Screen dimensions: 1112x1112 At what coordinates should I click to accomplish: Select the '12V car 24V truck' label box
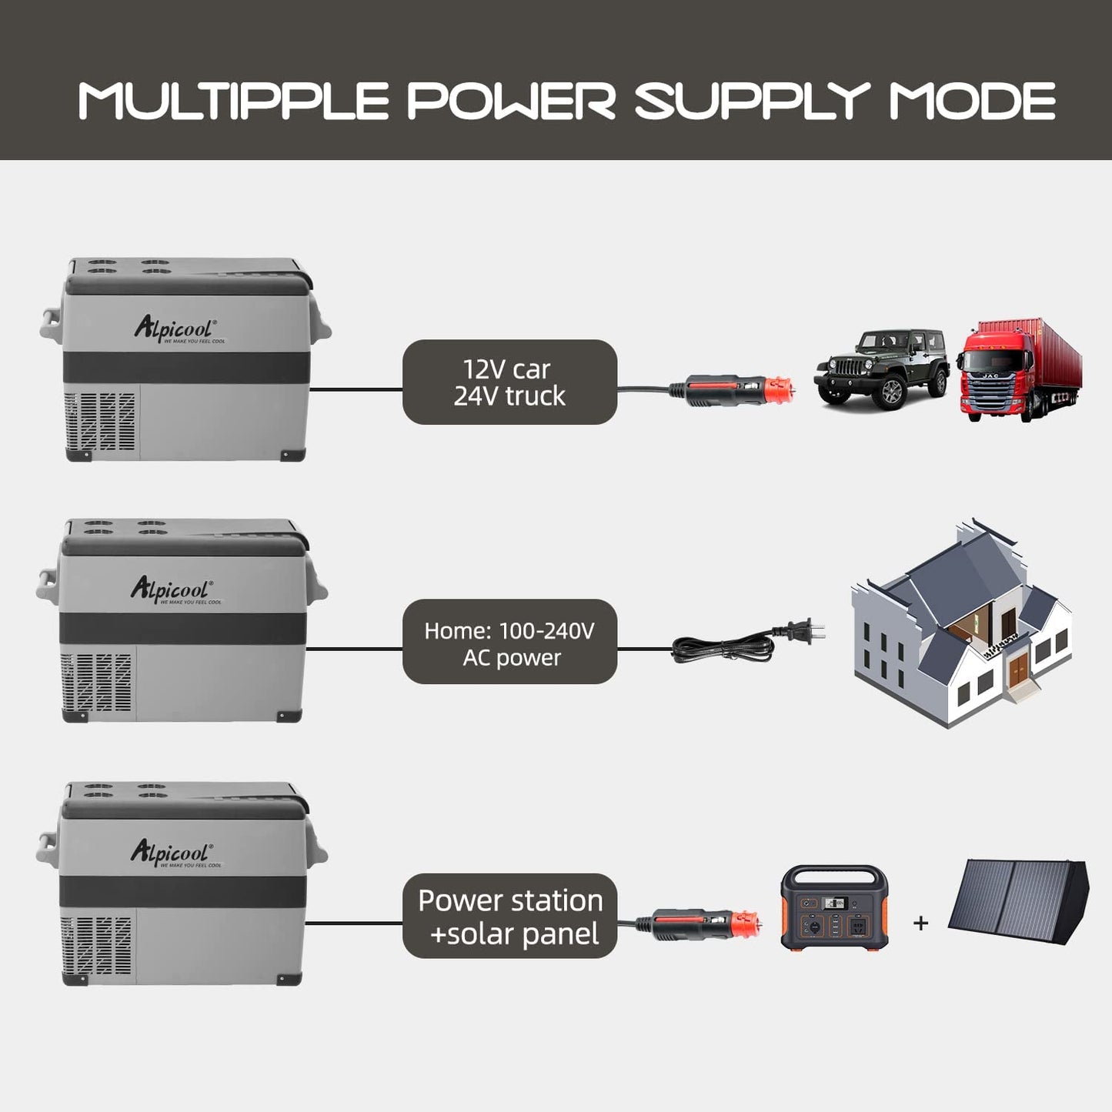(509, 382)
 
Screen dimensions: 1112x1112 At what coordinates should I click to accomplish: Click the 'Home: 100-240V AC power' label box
(509, 642)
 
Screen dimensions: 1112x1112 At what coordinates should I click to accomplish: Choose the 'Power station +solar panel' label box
(509, 916)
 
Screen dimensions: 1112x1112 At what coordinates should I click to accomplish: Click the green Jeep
(882, 367)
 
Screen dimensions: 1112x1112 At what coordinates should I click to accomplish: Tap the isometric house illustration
(962, 623)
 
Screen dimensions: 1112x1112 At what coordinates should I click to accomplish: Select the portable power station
(834, 908)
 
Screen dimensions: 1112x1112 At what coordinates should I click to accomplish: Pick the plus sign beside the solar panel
(920, 923)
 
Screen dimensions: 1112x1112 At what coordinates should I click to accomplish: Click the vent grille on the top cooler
(101, 422)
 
